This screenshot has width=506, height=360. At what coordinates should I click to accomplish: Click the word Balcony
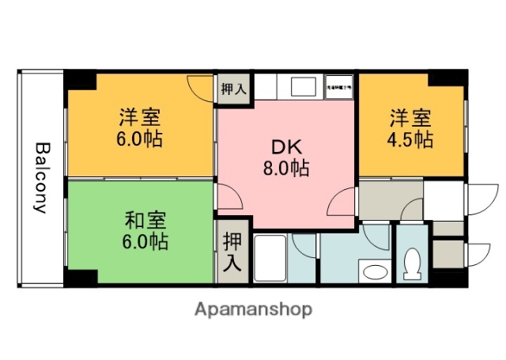[x=40, y=178]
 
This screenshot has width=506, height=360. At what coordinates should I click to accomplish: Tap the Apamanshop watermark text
[x=253, y=309]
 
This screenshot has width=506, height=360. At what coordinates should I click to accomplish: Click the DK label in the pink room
[x=286, y=148]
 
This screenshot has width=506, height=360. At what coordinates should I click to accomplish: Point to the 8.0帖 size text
[x=286, y=168]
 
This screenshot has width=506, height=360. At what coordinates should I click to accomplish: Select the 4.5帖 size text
[x=410, y=140]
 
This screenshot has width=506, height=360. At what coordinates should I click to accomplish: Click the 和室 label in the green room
[x=144, y=219]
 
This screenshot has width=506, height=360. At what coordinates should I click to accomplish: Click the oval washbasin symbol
[x=372, y=273]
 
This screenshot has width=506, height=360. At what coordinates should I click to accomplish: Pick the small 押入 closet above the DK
[x=233, y=88]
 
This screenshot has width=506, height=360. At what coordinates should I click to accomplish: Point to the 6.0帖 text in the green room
[x=144, y=241]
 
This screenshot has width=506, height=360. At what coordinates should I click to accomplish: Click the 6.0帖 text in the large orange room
[x=141, y=140]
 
